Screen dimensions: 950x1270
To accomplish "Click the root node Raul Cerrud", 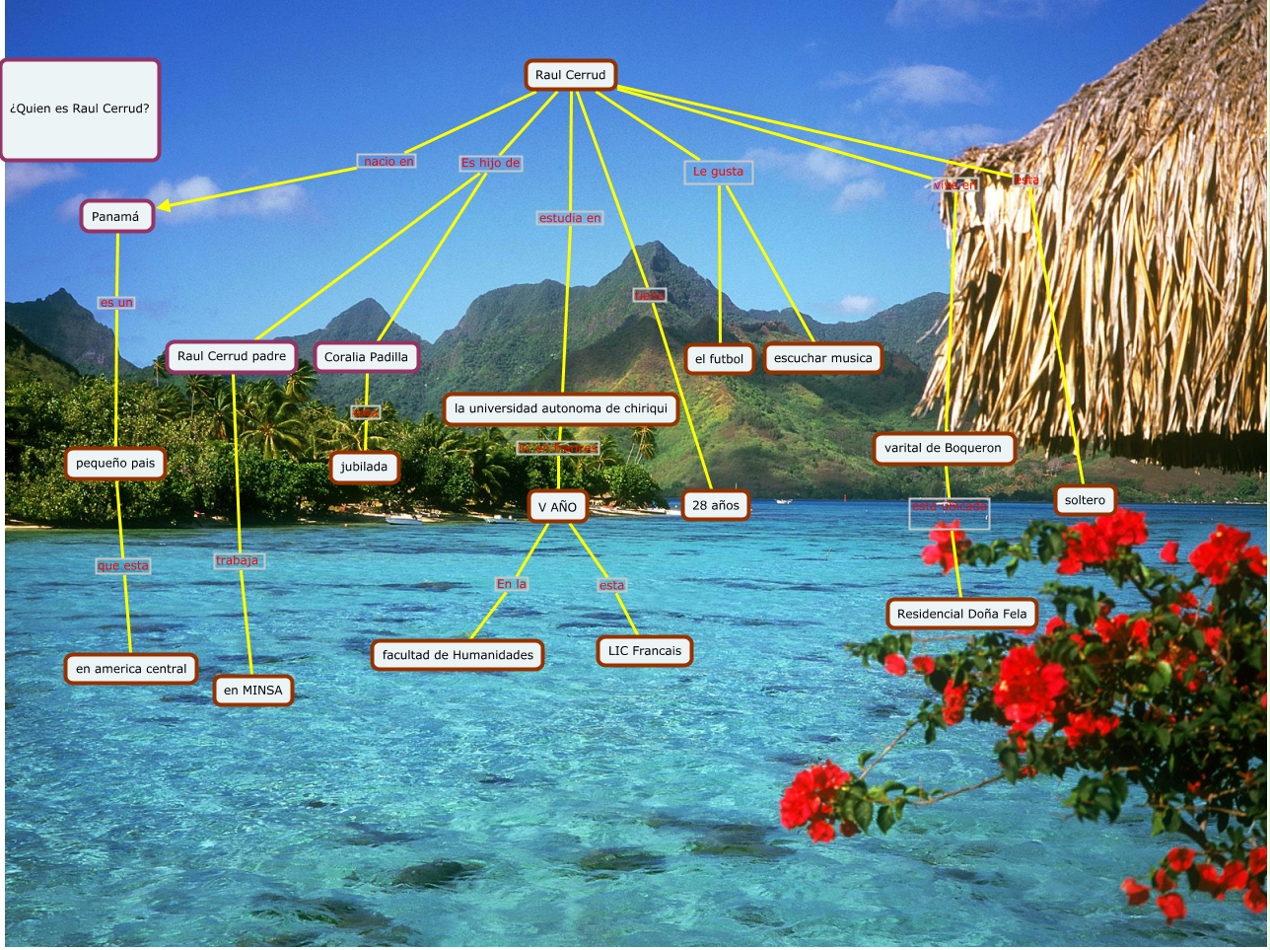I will [x=570, y=75].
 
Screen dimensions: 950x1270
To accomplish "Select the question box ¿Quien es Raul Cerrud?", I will [x=80, y=110].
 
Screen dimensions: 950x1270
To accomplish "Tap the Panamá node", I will [x=116, y=217].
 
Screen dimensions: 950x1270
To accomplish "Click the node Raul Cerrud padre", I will [x=232, y=356].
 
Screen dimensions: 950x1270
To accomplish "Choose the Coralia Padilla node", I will [x=366, y=357].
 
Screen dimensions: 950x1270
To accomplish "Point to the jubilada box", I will [x=364, y=467].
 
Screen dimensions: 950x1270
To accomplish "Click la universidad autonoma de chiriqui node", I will [x=560, y=408].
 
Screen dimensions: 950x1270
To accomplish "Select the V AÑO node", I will [x=557, y=506].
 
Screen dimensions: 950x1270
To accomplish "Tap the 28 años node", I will [x=715, y=505].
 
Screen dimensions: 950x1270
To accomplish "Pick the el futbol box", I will [x=719, y=359].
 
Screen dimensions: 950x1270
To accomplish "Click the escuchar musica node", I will [x=822, y=358].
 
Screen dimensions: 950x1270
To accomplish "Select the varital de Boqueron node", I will [x=943, y=448].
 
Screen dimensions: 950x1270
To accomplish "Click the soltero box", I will [x=1085, y=500].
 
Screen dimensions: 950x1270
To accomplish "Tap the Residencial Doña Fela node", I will [x=961, y=614].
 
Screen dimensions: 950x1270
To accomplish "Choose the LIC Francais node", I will [x=644, y=651].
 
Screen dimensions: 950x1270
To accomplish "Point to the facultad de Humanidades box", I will [x=458, y=655].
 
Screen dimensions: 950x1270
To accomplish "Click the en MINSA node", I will [x=252, y=691].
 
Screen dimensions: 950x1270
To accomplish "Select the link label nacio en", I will [x=388, y=162].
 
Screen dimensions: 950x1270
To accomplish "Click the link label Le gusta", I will [x=718, y=172].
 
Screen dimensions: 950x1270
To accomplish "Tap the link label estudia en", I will [x=570, y=218].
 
